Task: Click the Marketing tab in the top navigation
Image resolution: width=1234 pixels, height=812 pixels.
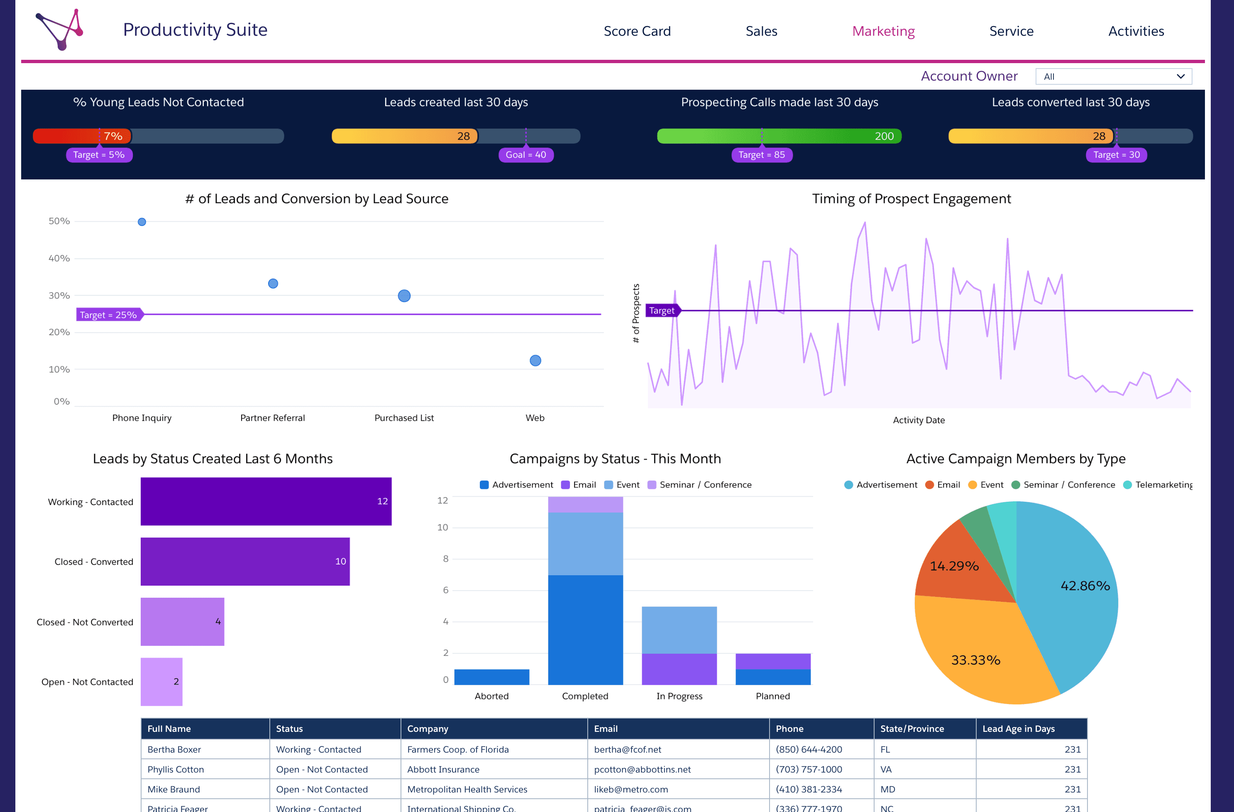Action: [x=884, y=31]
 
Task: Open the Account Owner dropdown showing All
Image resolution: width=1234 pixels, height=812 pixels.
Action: [x=1114, y=76]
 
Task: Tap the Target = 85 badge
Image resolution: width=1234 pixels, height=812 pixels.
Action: [x=762, y=155]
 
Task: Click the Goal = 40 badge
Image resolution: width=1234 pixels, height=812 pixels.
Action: [x=526, y=155]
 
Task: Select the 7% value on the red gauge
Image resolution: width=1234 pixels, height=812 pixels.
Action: [x=113, y=136]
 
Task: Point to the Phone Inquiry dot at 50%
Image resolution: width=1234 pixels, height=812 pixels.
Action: [x=142, y=222]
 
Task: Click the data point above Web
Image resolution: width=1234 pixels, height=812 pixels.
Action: [x=535, y=361]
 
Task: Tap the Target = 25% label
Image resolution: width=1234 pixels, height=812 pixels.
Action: [x=109, y=315]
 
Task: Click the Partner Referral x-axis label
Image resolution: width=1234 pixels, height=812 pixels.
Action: [x=272, y=418]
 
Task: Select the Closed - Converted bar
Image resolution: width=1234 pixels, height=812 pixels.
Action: [x=245, y=562]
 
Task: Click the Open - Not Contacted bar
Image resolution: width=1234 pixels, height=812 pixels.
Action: [x=161, y=682]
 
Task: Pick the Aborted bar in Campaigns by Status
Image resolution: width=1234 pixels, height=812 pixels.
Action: [x=491, y=677]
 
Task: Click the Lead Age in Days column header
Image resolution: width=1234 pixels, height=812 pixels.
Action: [x=1018, y=729]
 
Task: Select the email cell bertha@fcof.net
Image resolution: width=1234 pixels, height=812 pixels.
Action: [x=627, y=749]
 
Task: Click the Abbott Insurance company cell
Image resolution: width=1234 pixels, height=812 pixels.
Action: [x=443, y=769]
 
